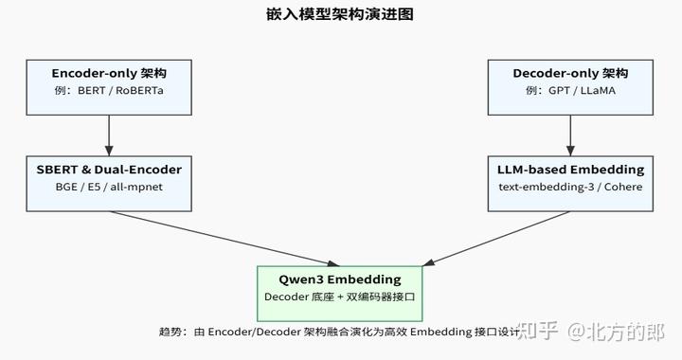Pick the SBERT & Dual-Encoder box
(109, 178)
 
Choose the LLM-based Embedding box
(570, 178)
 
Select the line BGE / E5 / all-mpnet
(109, 188)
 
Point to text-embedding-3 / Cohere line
(570, 188)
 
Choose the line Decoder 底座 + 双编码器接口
(340, 297)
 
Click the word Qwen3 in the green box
(301, 279)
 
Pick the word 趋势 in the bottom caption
(170, 333)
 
